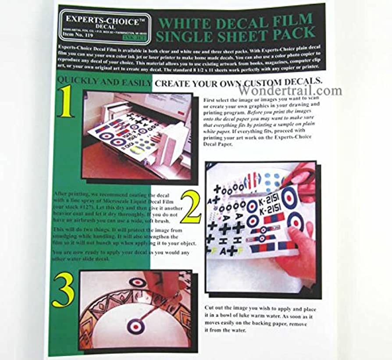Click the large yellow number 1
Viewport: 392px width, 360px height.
point(66,102)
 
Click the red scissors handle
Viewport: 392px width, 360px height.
point(306,175)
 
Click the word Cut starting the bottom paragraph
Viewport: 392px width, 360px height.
point(210,309)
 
